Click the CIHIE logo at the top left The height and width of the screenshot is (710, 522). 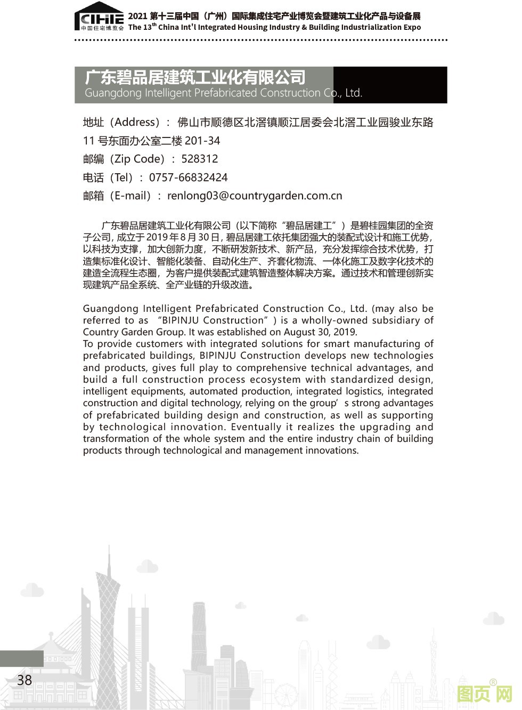(100, 19)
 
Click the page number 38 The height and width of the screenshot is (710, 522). (25, 680)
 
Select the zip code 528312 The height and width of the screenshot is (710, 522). (199, 159)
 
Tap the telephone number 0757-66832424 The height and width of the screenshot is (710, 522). (188, 177)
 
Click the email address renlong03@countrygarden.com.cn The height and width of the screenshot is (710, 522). (255, 196)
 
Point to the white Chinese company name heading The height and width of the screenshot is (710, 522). (195, 77)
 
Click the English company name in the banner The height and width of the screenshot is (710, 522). (223, 93)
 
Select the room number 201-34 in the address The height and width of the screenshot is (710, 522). (202, 141)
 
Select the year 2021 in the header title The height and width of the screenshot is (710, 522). (137, 16)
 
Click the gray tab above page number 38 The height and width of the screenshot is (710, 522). (22, 658)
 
